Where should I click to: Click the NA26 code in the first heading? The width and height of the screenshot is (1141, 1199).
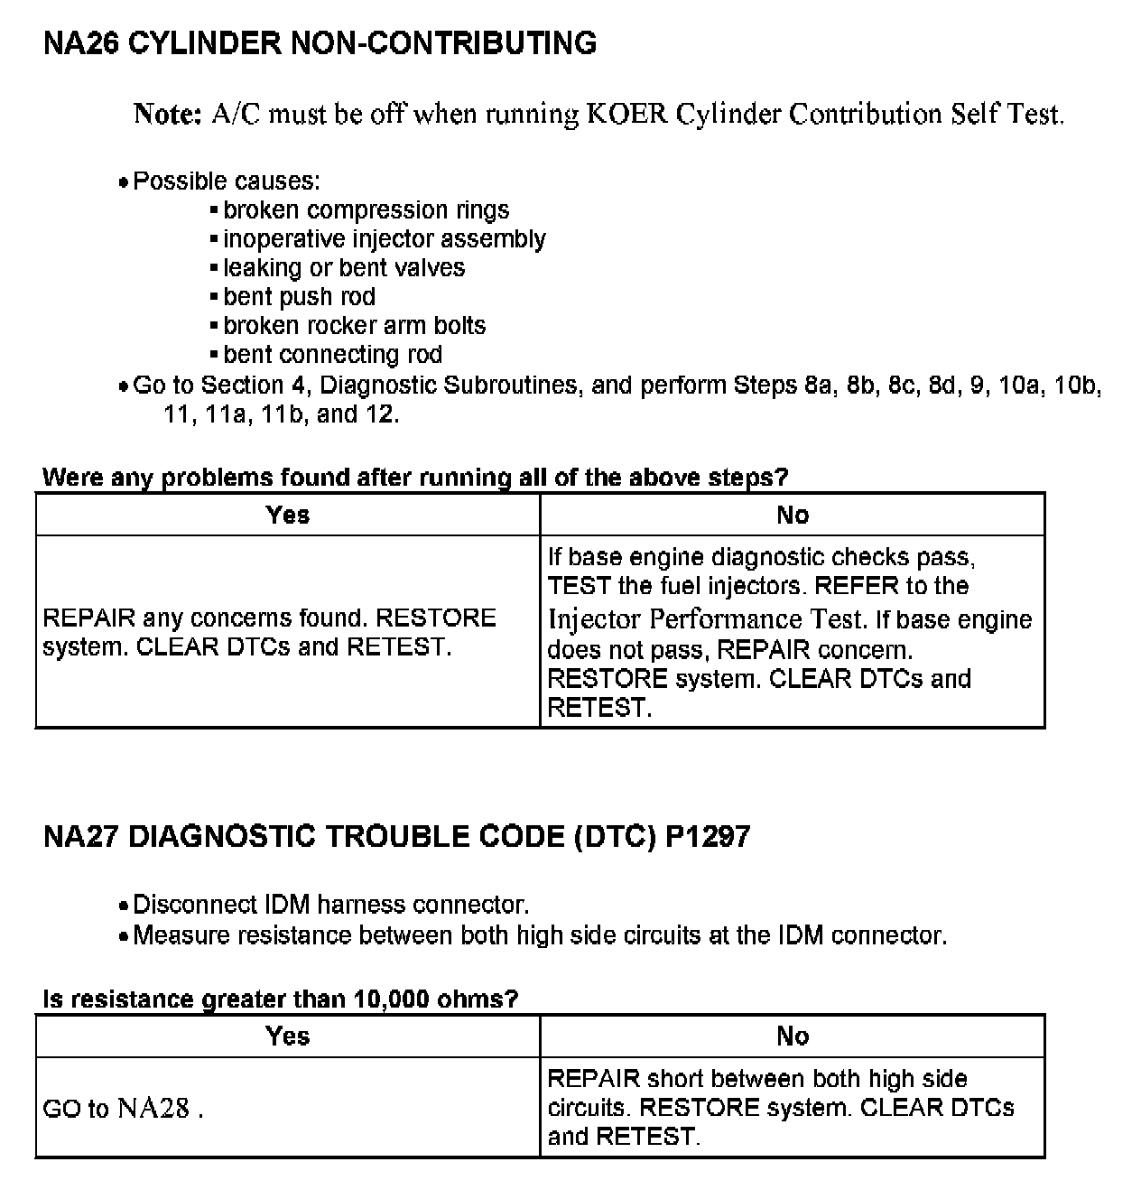80,43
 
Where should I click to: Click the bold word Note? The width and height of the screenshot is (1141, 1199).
167,114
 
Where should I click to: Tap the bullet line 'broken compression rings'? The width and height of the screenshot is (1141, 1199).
366,210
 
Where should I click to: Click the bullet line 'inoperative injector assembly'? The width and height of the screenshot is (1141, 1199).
384,239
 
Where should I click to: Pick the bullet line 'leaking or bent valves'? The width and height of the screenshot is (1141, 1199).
344,268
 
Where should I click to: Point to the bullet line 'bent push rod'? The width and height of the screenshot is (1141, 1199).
299,297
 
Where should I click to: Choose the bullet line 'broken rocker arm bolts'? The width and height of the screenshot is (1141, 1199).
354,326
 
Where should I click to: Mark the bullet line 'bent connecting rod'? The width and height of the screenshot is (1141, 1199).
332,355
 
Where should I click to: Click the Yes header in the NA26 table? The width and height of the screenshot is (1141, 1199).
288,515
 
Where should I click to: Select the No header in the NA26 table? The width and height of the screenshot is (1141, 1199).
793,515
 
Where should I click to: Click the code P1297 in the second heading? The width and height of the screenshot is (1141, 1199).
708,837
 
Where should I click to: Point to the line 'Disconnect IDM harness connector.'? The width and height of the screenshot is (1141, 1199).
330,905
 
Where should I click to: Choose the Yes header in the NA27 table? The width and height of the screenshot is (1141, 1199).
288,1036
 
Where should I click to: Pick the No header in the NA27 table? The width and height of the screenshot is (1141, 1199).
793,1036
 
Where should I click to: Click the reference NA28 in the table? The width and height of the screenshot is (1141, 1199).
153,1109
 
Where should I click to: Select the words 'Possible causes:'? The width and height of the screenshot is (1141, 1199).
226,181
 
